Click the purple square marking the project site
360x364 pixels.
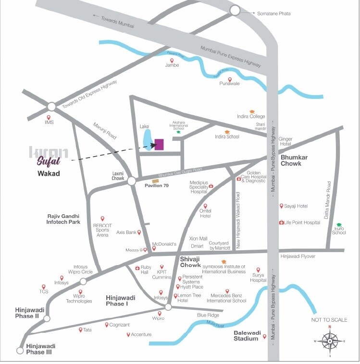pos(159,145)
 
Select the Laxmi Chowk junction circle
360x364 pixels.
pos(131,181)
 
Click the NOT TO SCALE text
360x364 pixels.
pos(329,320)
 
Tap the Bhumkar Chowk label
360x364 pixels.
pos(298,160)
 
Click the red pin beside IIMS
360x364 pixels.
pos(48,117)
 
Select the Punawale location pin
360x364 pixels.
pos(230,79)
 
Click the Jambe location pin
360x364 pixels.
pos(172,60)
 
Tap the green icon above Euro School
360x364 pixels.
pos(339,225)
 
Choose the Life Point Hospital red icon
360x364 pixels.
pos(282,222)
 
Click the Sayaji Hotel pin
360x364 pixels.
pos(282,206)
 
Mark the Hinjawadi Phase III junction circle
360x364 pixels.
pos(20,351)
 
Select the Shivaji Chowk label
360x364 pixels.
pos(190,262)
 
